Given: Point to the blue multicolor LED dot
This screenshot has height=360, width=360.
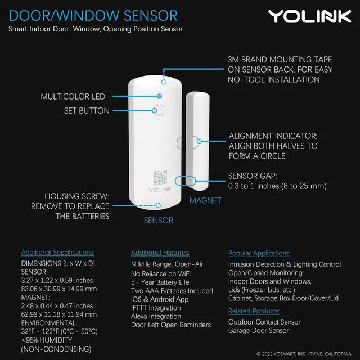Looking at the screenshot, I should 160,97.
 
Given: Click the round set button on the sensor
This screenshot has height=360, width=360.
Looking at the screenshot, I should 160,110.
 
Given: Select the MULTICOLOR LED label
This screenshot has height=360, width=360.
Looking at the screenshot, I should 73,97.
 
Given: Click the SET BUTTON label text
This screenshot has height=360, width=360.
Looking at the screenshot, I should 87,111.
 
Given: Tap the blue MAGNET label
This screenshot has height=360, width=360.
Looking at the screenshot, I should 205,200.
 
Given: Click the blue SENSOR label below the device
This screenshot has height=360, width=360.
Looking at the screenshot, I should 158,220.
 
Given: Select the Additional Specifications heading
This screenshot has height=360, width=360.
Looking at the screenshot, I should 58,253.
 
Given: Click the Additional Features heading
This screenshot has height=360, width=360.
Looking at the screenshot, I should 160,253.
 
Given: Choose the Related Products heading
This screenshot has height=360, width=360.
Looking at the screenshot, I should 254,311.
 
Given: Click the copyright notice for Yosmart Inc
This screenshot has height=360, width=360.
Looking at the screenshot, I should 305,354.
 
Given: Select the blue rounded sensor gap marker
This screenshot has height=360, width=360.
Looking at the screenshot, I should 185,181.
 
